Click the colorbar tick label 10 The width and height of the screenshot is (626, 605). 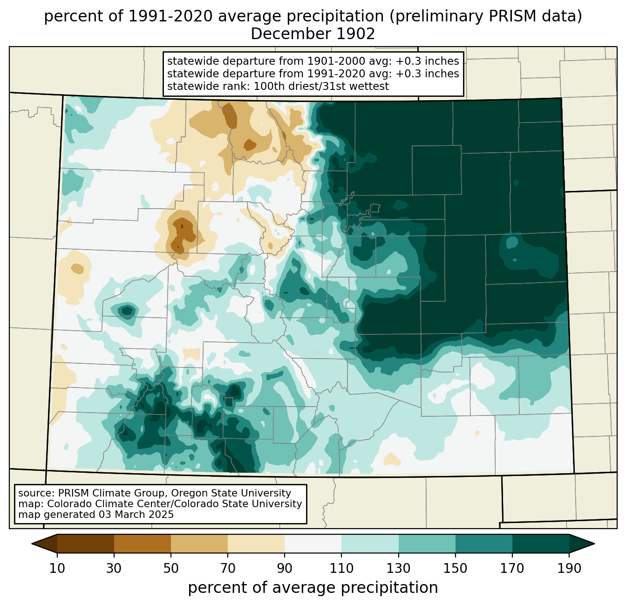point(57,568)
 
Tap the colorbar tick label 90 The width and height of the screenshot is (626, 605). point(285,568)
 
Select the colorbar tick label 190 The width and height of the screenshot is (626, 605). point(569,568)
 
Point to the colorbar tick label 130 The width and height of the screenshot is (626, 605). point(399,568)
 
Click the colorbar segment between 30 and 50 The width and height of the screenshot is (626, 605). point(143,544)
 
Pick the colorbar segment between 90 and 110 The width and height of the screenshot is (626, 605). point(313,544)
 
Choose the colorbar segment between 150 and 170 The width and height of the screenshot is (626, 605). point(484,544)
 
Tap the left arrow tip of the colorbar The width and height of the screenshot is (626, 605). point(32,544)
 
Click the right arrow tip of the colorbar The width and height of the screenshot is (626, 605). point(594,544)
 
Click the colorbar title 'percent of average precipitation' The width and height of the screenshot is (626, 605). point(313,588)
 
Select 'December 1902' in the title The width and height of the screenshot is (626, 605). point(313,34)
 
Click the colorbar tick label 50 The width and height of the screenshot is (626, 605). point(171,568)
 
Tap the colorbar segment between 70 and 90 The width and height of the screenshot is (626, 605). point(256,544)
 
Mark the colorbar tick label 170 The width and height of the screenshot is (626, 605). point(512,568)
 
